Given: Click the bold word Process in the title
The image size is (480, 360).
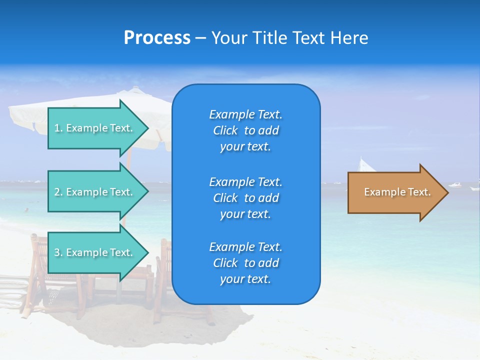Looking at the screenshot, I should (x=157, y=38).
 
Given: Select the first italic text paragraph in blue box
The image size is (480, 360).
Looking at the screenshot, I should (x=245, y=130).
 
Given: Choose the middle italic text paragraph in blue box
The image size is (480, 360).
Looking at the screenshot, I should (x=245, y=198).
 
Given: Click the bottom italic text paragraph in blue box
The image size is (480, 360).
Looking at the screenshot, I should (x=245, y=263).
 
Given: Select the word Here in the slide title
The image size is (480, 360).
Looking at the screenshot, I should (x=350, y=38).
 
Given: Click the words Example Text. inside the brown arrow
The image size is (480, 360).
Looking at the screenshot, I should (x=397, y=192).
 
